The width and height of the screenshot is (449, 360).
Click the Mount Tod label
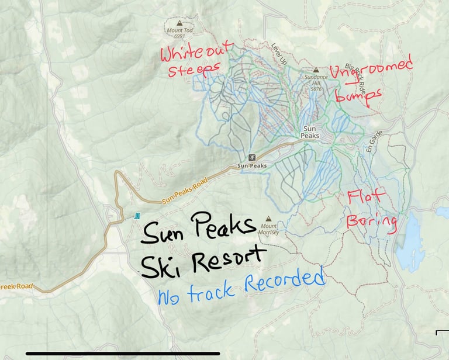point(180,30)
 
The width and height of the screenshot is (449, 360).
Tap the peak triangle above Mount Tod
point(180,23)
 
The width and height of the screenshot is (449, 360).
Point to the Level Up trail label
point(279,53)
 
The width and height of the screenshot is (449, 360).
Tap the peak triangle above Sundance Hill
point(316,70)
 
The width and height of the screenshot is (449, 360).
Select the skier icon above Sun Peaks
point(252,158)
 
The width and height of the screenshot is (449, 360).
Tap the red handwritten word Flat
point(367,199)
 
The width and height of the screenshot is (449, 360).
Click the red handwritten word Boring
point(372,222)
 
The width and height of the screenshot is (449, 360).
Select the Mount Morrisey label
point(269,229)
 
